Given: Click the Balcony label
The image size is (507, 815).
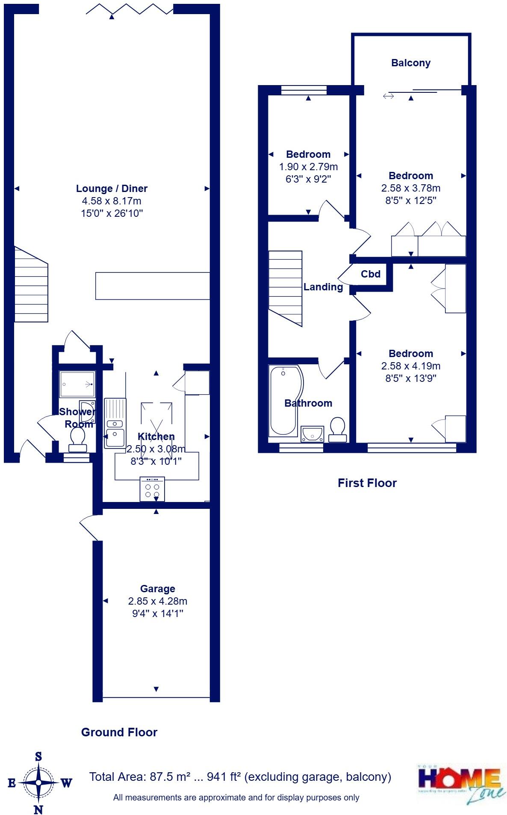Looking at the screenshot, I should (x=410, y=63).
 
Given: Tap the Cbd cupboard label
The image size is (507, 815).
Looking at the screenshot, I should (x=370, y=274).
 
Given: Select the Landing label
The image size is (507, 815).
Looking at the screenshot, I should (x=323, y=287).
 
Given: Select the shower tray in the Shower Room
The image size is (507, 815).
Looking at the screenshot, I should (x=77, y=384).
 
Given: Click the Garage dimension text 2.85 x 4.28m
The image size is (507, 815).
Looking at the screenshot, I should (x=157, y=601).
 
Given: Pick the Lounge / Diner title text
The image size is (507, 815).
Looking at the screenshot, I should (x=112, y=189).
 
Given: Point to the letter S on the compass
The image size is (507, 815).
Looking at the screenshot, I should (x=38, y=756).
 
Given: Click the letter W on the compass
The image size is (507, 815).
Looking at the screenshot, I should (x=66, y=783).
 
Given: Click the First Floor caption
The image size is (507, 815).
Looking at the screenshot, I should (x=367, y=483).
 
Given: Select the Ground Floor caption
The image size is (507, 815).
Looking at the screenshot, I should (x=119, y=732).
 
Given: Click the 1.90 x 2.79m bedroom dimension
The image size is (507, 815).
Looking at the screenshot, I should (x=308, y=167).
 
